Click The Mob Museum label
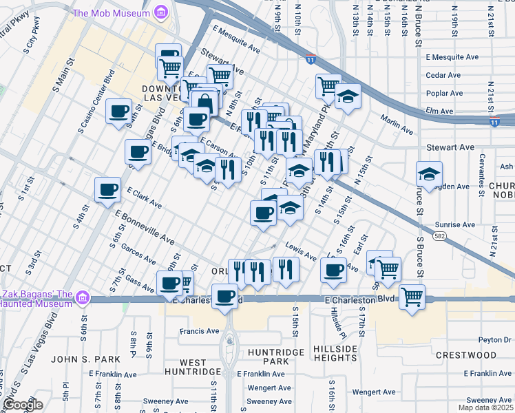pyautogui.click(x=111, y=12)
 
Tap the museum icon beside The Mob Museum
pyautogui.click(x=162, y=12)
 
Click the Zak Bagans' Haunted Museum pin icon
pyautogui.click(x=83, y=297)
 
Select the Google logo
pyautogui.click(x=22, y=405)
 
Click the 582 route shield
pyautogui.click(x=438, y=236)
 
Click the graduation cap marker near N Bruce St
pyautogui.click(x=428, y=175)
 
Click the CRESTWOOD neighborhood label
pyautogui.click(x=466, y=355)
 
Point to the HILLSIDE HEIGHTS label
pyautogui.click(x=335, y=354)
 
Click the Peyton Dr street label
pyautogui.click(x=496, y=339)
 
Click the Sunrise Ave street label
pyautogui.click(x=455, y=224)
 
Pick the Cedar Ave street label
pyautogui.click(x=443, y=75)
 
